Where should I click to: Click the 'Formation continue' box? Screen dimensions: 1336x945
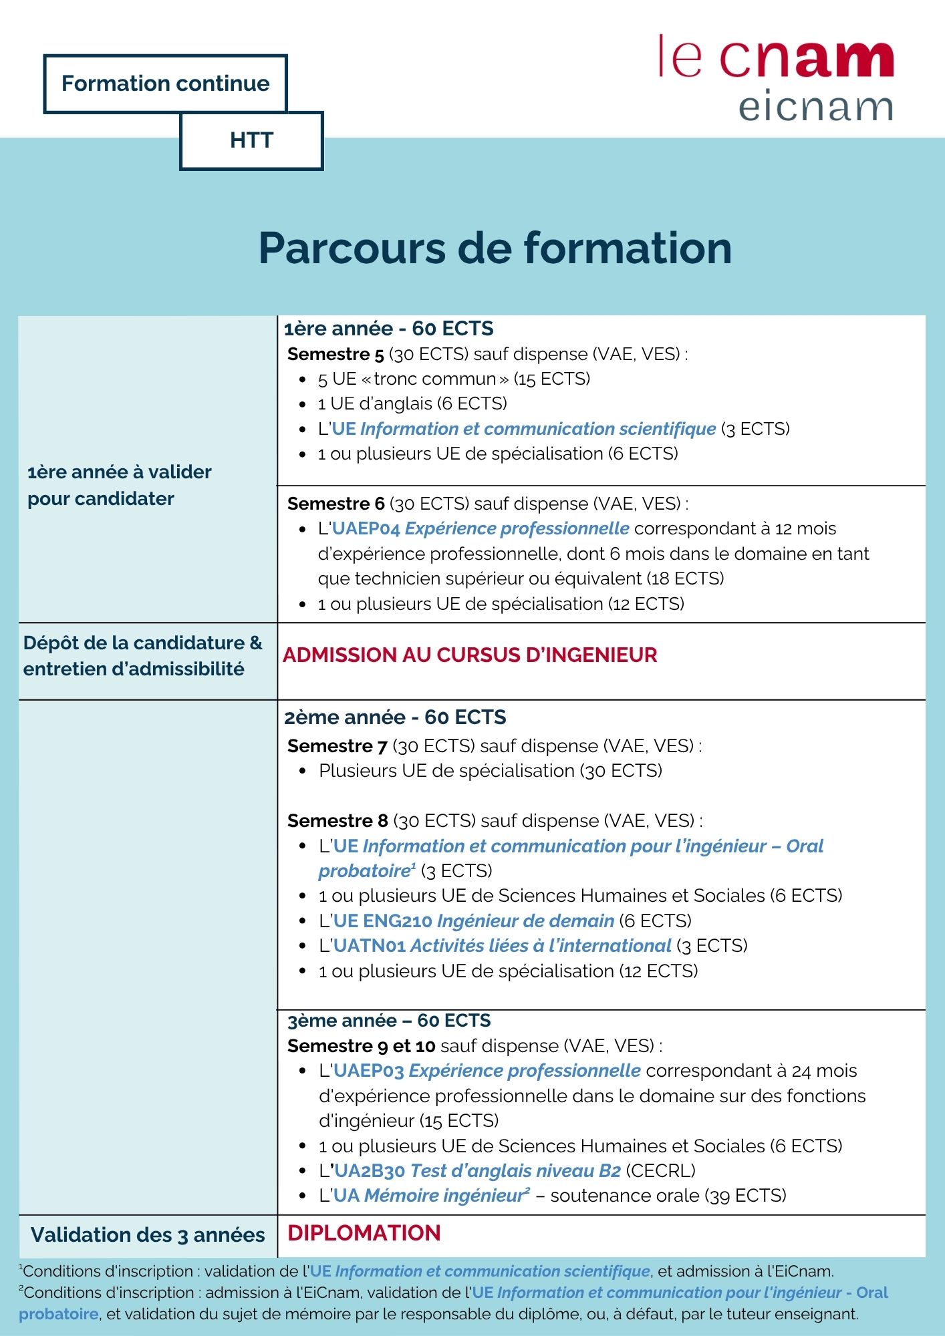(165, 83)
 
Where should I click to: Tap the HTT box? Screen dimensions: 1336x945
(251, 140)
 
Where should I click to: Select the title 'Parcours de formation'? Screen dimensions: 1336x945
(495, 248)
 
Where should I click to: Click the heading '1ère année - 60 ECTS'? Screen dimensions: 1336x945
(388, 329)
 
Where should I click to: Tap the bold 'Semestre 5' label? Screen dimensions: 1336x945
(335, 354)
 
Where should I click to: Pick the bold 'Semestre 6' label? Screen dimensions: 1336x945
(335, 504)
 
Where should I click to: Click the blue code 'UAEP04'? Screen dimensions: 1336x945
(366, 528)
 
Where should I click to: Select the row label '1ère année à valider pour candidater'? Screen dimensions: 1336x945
(119, 485)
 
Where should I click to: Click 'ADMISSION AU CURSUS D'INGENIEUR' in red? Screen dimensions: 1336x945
(470, 655)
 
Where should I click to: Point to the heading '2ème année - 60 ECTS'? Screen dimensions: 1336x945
(395, 717)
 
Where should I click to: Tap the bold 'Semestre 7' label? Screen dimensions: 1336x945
(337, 745)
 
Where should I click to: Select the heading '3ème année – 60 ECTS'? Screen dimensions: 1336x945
(389, 1021)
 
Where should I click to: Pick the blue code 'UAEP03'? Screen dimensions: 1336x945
(368, 1071)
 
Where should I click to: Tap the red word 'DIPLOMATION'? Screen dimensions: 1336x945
(364, 1233)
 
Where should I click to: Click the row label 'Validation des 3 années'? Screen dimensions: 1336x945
(148, 1235)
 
